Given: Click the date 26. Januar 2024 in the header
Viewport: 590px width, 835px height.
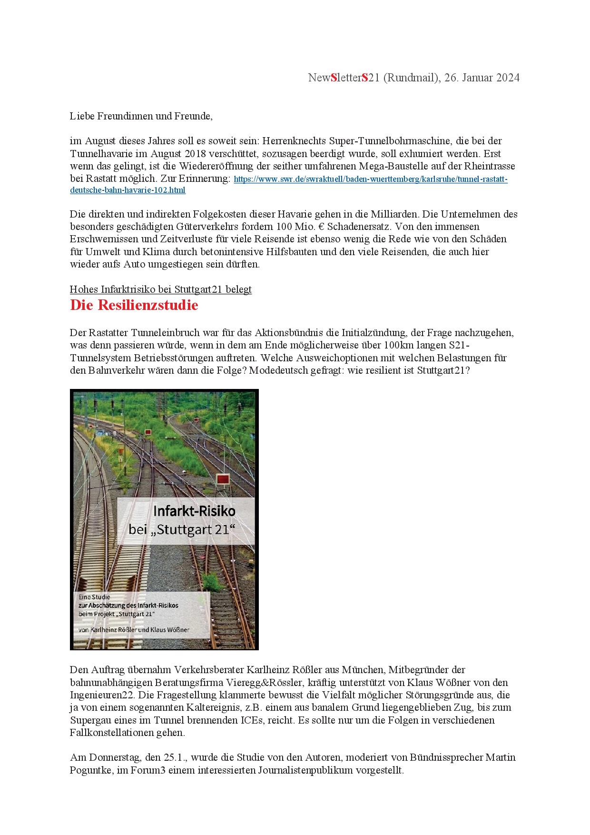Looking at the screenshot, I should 482,78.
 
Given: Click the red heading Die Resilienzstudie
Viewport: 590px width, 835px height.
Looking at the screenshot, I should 134,305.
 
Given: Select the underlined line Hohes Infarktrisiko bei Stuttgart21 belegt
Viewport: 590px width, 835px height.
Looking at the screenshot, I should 160,289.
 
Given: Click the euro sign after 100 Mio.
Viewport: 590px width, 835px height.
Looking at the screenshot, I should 322,227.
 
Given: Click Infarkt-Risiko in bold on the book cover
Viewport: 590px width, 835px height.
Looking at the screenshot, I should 194,511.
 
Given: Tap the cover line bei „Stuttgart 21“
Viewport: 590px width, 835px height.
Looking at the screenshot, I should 182,529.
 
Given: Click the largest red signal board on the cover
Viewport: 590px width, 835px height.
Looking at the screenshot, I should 223,478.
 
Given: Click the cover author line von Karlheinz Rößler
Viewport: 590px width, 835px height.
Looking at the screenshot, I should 134,630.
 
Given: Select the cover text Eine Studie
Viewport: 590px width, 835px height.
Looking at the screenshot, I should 94,597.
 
